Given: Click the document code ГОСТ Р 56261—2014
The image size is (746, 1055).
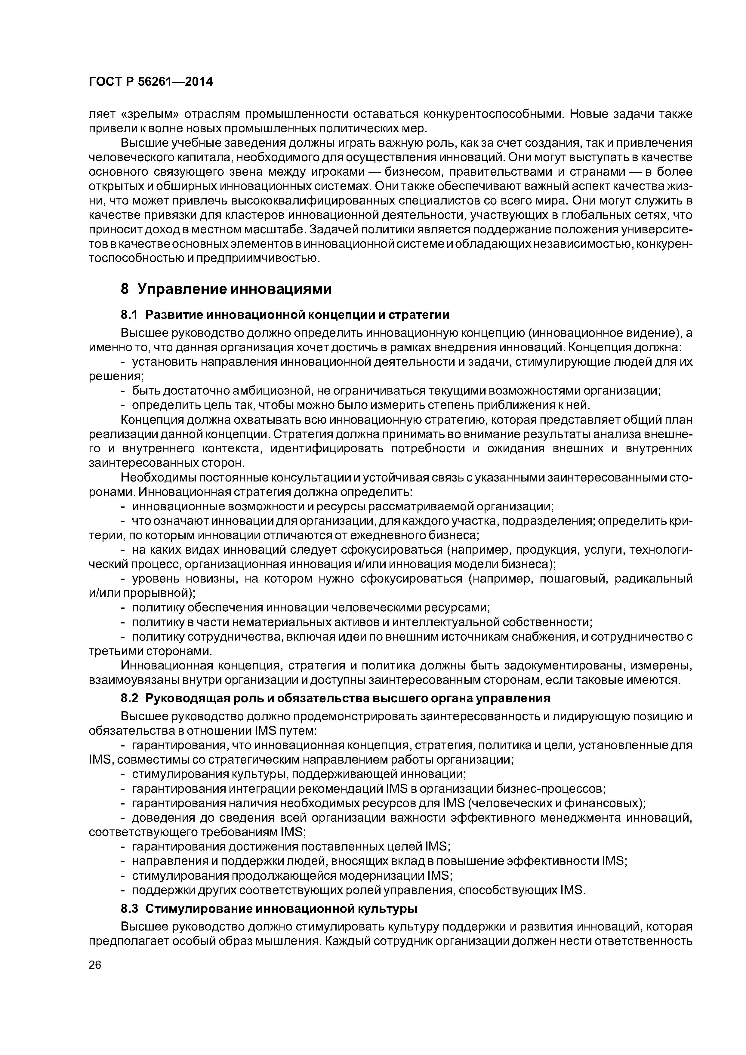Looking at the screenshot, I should point(150,82).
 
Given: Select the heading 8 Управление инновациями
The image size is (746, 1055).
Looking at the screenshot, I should point(226,289).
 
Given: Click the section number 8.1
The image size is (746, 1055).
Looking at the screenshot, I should point(129,315).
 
